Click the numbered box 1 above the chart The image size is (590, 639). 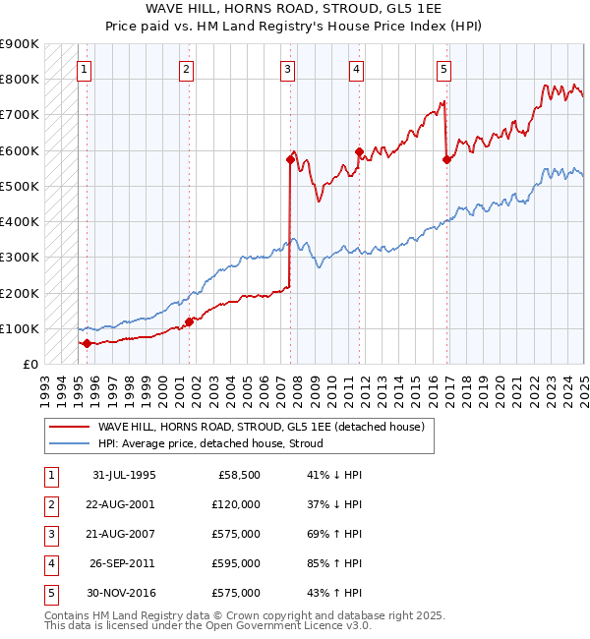pyautogui.click(x=86, y=69)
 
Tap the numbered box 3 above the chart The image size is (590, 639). pyautogui.click(x=286, y=69)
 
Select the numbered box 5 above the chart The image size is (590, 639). pyautogui.click(x=444, y=69)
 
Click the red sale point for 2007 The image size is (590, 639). pyautogui.click(x=290, y=158)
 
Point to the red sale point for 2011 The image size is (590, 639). pyautogui.click(x=359, y=151)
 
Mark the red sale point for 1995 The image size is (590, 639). pyautogui.click(x=87, y=343)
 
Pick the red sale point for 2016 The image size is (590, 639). pyautogui.click(x=446, y=158)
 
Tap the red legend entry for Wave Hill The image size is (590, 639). pyautogui.click(x=260, y=427)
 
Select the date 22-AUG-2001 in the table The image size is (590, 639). pyautogui.click(x=125, y=504)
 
